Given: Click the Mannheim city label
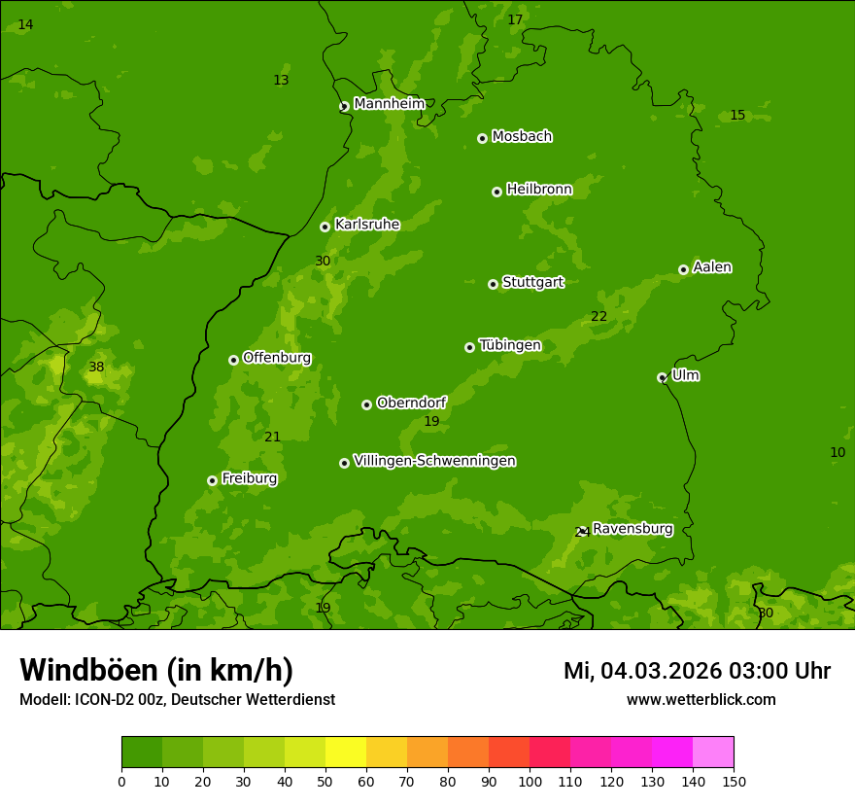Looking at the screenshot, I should click(389, 104).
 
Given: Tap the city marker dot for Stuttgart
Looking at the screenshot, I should click(493, 284).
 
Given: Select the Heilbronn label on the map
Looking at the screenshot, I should click(539, 190).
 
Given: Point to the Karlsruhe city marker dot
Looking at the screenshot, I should click(325, 227).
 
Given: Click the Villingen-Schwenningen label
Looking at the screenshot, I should click(434, 461).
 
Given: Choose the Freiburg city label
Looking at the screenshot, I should click(249, 478).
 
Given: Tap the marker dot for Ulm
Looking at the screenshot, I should click(662, 377).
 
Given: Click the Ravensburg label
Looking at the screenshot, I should click(633, 529).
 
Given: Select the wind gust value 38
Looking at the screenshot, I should click(96, 368).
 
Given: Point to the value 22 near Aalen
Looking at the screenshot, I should click(598, 317).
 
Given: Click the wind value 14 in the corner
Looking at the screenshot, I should click(25, 25).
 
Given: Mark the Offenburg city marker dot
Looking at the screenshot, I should click(233, 360).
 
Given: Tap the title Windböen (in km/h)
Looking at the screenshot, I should click(156, 670).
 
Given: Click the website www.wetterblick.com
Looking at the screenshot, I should click(701, 700).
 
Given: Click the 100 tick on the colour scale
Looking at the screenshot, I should click(530, 781).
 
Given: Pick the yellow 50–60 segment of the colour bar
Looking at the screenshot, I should click(346, 753).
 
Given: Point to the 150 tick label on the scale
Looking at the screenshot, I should click(734, 781).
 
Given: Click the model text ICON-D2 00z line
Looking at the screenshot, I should click(177, 700).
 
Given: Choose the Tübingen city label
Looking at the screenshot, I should click(509, 345).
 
